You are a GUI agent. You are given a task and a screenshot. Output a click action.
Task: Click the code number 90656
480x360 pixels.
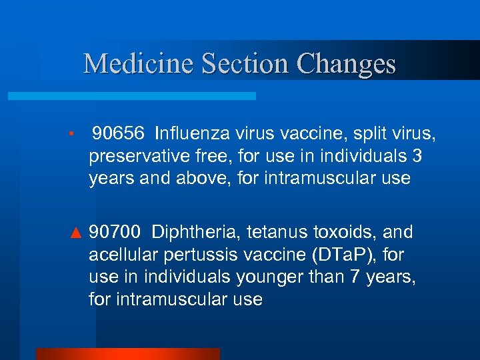coord(118,134)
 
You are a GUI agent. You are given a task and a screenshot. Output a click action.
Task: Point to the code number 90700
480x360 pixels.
coord(115,233)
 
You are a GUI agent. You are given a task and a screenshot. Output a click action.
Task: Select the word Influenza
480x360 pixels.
coord(192,134)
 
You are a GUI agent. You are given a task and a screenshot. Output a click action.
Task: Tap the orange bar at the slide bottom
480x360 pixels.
coord(127,354)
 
